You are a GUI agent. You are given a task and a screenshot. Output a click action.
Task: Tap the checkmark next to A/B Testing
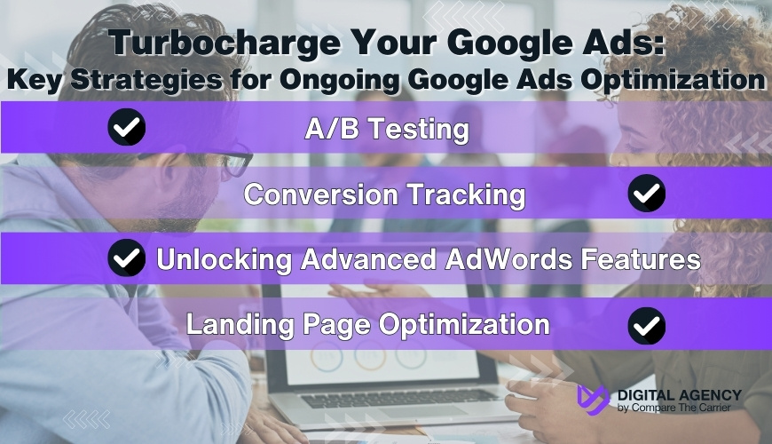pyautogui.click(x=127, y=129)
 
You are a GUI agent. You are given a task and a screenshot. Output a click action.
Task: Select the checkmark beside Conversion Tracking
pyautogui.click(x=646, y=194)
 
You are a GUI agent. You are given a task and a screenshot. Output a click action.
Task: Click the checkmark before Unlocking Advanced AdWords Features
pyautogui.click(x=127, y=259)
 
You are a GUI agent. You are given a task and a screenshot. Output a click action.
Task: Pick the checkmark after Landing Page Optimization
pyautogui.click(x=646, y=326)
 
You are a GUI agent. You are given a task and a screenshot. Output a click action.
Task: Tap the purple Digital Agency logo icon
pyautogui.click(x=593, y=400)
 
